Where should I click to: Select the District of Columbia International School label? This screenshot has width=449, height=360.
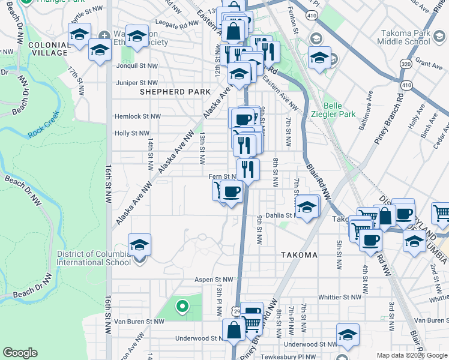[x=93, y=257]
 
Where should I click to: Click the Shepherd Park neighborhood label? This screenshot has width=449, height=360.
[x=175, y=92]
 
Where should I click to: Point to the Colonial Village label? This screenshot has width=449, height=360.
[x=47, y=49]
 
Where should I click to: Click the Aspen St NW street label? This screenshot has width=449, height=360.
[x=212, y=280]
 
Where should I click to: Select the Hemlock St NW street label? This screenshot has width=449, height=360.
[x=138, y=116]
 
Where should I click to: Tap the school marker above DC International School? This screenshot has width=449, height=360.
[x=139, y=245]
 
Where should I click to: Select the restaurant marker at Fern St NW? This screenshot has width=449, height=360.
[x=247, y=169]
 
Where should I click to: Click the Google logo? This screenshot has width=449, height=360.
[x=20, y=353]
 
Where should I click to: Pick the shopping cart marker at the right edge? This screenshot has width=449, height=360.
[x=441, y=213]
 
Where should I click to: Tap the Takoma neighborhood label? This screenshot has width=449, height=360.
[x=299, y=255]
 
